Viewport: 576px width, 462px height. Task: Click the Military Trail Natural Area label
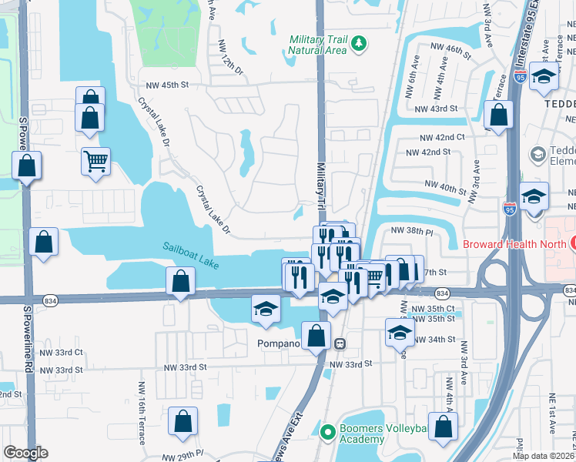[x=318, y=45]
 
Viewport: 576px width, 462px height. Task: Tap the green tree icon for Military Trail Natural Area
[x=357, y=45]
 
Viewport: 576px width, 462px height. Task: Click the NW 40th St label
[x=446, y=186]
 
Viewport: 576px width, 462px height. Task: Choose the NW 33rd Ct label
[x=61, y=353]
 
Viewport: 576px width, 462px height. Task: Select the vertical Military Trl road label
[x=322, y=185]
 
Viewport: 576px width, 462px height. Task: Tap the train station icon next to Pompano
[x=338, y=343]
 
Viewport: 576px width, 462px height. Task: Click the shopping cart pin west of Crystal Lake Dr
[x=96, y=162]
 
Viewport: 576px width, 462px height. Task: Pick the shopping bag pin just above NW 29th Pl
[x=183, y=421]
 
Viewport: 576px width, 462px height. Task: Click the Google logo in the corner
[x=25, y=453]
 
